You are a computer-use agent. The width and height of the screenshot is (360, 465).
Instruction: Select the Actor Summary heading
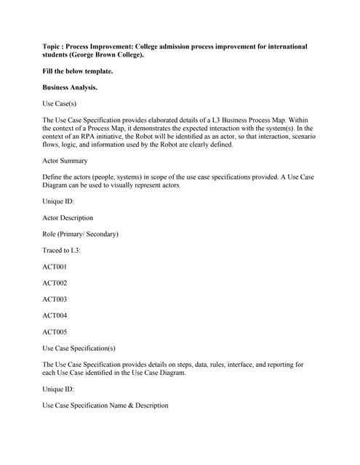(65, 161)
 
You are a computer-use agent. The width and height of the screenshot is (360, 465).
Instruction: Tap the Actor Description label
(68, 217)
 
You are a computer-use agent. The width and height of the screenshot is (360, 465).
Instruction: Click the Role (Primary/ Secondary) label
(80, 234)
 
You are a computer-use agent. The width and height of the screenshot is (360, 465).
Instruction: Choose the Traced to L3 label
(61, 250)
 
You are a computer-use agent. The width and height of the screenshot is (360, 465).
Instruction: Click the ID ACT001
(55, 267)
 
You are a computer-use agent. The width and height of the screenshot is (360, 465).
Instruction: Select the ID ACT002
(55, 283)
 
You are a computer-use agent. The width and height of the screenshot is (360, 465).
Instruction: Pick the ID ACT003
(55, 299)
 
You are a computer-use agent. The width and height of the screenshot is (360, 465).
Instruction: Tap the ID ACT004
(55, 315)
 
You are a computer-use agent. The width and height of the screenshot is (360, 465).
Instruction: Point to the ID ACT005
(55, 331)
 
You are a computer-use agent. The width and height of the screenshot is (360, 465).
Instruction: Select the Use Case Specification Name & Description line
(105, 405)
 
